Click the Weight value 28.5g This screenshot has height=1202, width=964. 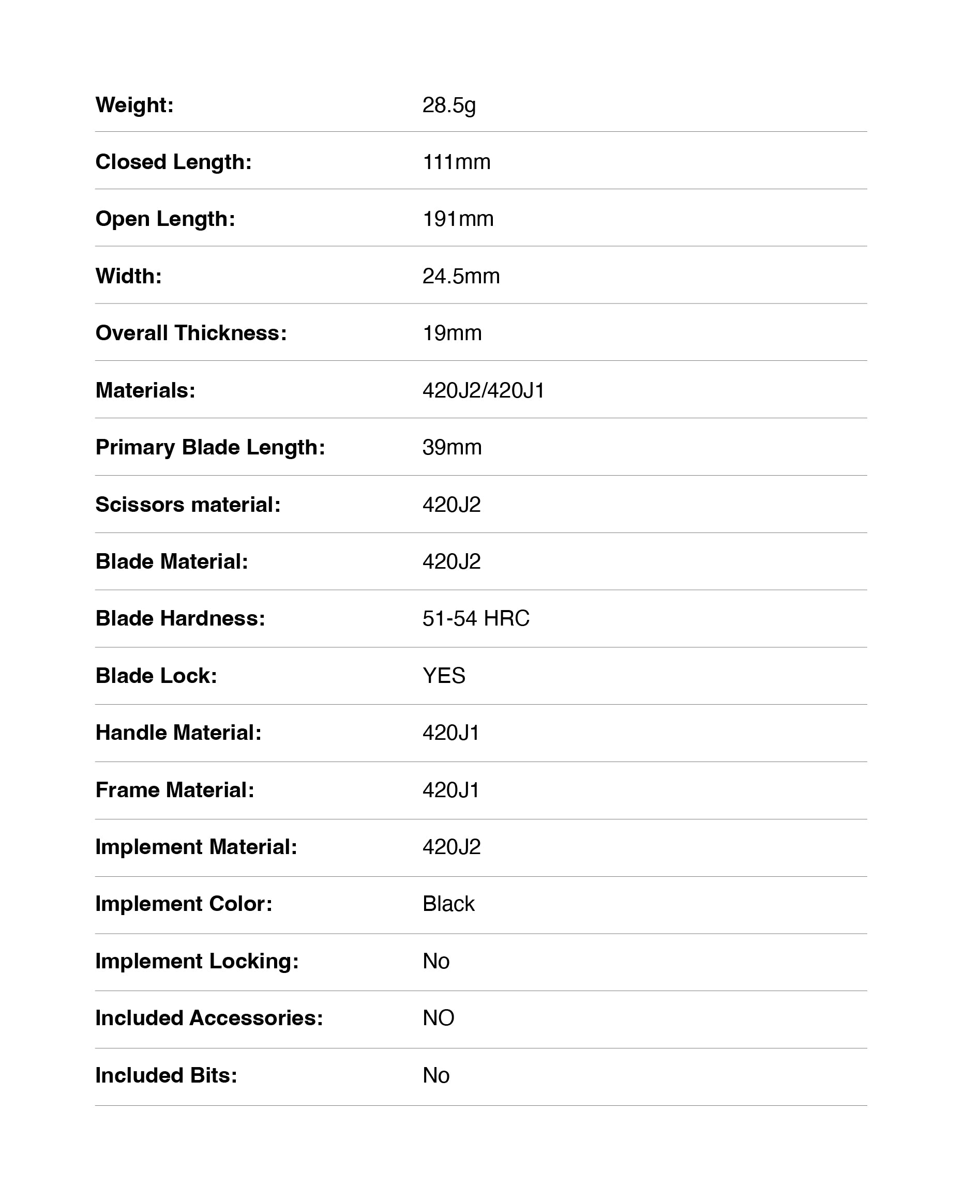click(x=449, y=105)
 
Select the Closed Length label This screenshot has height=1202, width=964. click(x=173, y=162)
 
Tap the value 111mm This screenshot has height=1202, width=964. click(x=456, y=162)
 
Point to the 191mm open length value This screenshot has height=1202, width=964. click(x=458, y=219)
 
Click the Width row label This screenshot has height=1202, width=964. click(x=128, y=277)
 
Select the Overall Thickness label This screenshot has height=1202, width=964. click(x=191, y=333)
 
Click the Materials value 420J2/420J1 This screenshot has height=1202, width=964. click(x=483, y=391)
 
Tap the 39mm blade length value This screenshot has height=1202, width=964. click(x=451, y=448)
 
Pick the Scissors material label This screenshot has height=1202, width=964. click(x=188, y=505)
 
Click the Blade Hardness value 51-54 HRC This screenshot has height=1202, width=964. click(x=476, y=619)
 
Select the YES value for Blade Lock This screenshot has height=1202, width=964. click(x=444, y=676)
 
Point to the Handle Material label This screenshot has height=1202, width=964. click(x=178, y=733)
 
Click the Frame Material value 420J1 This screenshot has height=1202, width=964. click(x=450, y=790)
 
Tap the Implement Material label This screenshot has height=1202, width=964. click(x=196, y=847)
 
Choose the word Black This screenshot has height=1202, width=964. click(x=448, y=904)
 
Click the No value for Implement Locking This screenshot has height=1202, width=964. click(x=435, y=962)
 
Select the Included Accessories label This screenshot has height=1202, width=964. click(x=209, y=1018)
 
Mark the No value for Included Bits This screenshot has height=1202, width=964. click(x=435, y=1076)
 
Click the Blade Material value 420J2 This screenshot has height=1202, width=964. click(x=451, y=562)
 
